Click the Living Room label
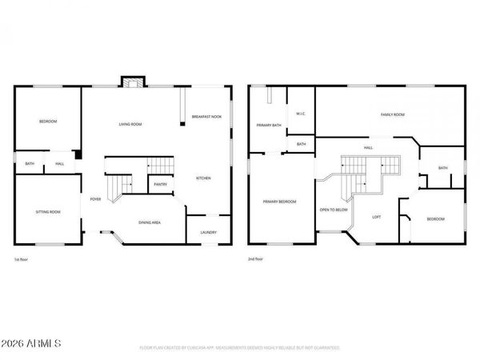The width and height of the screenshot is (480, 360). tap(130, 124)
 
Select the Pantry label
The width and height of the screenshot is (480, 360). tap(160, 184)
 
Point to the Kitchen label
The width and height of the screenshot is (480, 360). tap(204, 178)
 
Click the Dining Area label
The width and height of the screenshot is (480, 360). tap(150, 222)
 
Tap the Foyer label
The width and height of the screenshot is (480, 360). tap(95, 199)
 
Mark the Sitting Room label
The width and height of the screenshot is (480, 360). tap(48, 212)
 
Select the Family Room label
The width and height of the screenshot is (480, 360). tap(392, 115)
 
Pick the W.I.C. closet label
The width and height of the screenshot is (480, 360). tap(301, 114)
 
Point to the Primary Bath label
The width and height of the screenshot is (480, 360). tap(269, 126)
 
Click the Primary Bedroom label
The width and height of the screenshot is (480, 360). tap(279, 202)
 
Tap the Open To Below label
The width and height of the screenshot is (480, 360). tap(334, 210)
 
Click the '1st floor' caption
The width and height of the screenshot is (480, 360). tap(22, 260)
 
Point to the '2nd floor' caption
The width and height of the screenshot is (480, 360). tap(256, 260)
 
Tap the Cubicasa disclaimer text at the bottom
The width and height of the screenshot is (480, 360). tap(240, 348)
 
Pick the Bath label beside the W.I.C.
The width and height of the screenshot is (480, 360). tap(301, 144)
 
